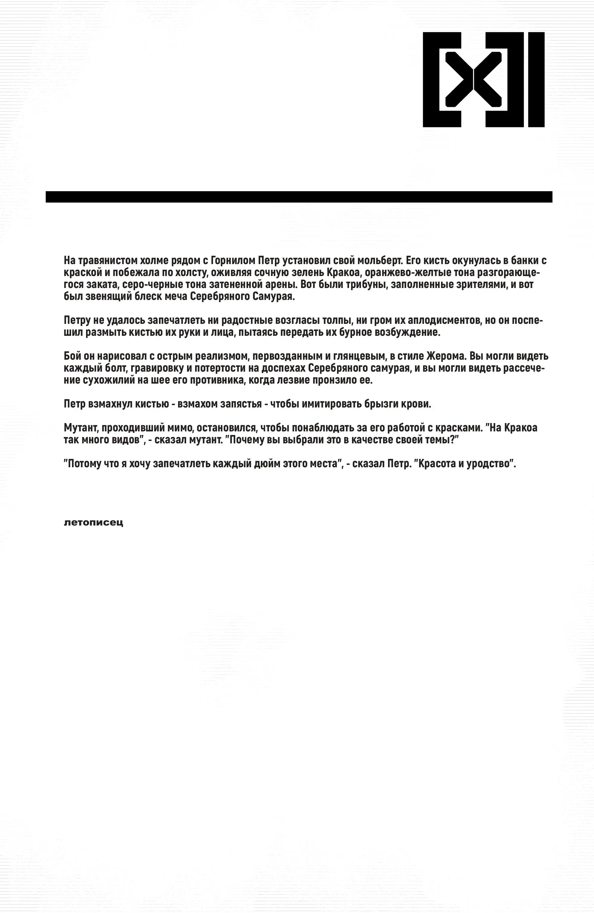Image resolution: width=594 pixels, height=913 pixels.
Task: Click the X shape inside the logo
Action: click(473, 79)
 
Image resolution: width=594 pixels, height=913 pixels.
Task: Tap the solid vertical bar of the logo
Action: click(536, 79)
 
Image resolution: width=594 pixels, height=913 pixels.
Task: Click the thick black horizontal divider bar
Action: click(298, 197)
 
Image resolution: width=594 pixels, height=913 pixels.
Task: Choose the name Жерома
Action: click(446, 356)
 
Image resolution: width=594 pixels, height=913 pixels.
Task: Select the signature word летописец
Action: click(93, 523)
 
